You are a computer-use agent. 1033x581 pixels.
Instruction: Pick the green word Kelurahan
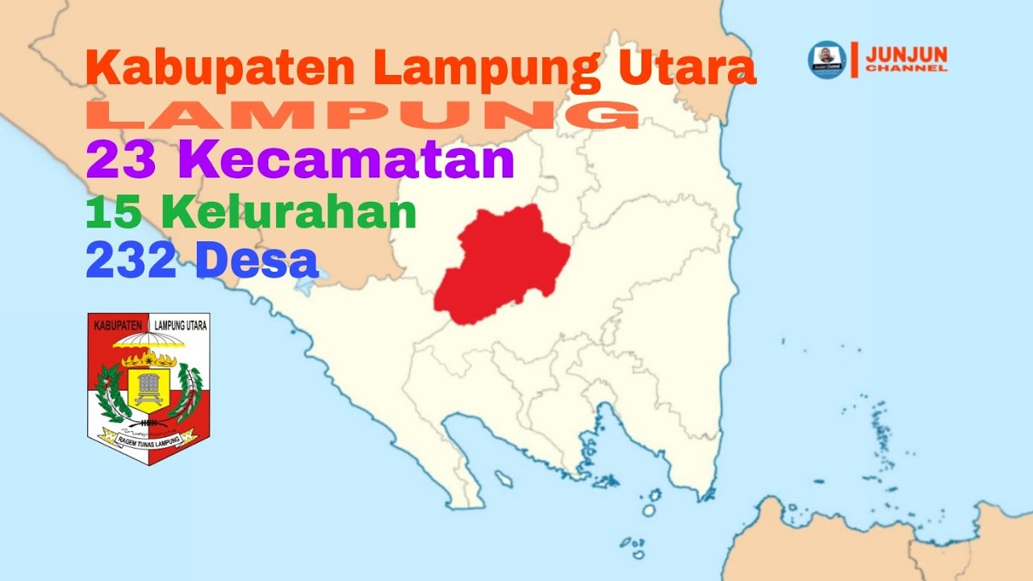[x=288, y=212]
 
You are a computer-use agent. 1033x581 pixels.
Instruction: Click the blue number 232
[x=131, y=261]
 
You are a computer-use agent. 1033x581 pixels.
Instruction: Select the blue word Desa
[x=256, y=261]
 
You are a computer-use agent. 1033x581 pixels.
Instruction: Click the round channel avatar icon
[x=826, y=60]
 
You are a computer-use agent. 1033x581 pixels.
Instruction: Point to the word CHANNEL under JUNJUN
[x=906, y=69]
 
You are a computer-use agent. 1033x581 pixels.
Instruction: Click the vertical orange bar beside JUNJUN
[x=854, y=59]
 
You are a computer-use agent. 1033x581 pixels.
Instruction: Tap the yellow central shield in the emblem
[x=148, y=387]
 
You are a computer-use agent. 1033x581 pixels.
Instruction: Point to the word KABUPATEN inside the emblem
[x=119, y=326]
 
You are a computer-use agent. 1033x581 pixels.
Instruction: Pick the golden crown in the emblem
[x=148, y=359]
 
